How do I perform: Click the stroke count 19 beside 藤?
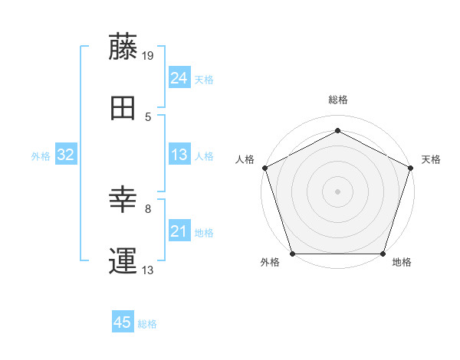tap(149, 55)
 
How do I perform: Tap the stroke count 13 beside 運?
tap(149, 270)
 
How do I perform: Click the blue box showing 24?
tap(179, 77)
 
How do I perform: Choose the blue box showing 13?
tap(179, 155)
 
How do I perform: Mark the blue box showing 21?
tap(179, 231)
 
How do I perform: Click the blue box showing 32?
tap(65, 155)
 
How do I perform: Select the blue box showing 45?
tap(123, 323)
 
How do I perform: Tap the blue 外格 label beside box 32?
tap(41, 155)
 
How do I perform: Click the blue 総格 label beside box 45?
tap(147, 324)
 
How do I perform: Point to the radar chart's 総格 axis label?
tap(338, 100)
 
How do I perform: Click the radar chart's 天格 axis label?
tap(431, 159)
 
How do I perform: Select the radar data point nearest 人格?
tap(265, 168)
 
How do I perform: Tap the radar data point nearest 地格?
tap(383, 254)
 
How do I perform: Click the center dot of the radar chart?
tap(338, 191)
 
